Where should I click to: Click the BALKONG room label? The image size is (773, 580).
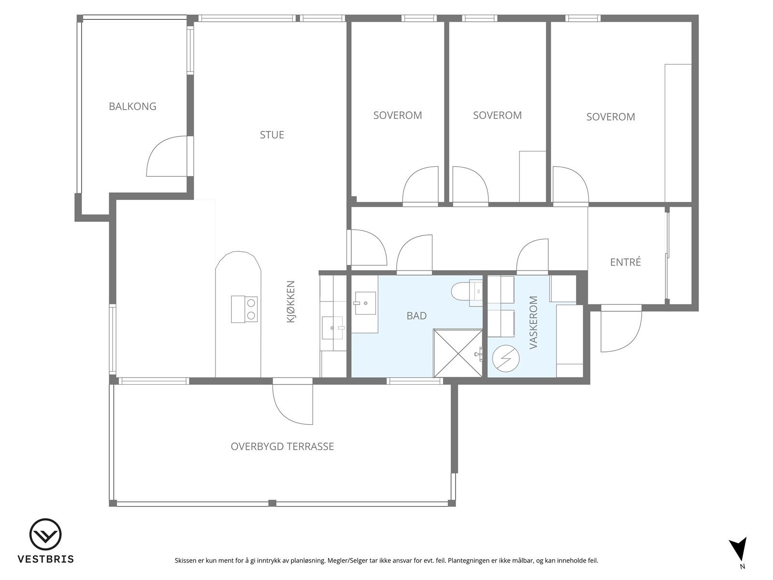pos(132,106)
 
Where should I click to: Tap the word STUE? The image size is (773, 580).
pos(272,135)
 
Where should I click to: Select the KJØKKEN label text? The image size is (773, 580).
pos(290,302)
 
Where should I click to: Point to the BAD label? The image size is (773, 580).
pos(416,316)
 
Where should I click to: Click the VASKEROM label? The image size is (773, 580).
pos(533,322)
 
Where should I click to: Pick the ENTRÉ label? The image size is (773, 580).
pos(626,262)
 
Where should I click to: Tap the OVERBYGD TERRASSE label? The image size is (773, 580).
pos(282,447)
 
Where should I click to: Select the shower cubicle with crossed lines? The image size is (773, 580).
pos(458,353)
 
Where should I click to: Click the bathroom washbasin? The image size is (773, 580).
pos(365,303)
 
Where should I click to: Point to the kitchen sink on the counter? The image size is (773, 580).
pos(333,328)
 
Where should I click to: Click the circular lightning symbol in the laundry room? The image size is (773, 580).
pos(506,359)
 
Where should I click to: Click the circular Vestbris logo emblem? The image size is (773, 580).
pos(45,534)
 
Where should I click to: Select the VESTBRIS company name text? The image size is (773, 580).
pos(46,559)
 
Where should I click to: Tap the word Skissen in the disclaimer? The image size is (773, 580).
pos(186,560)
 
